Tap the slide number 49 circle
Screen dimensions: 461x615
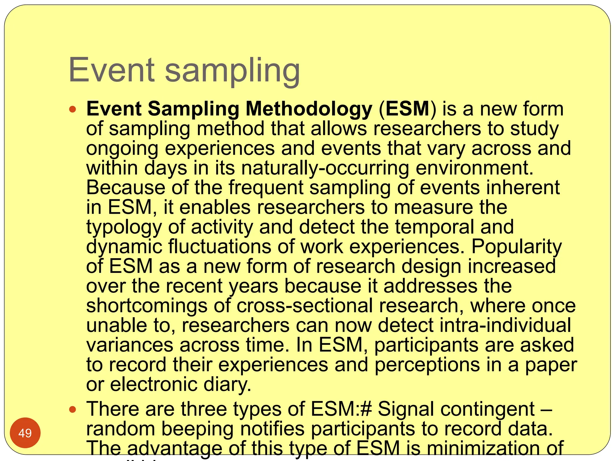[25, 433]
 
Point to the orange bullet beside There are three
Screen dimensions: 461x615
[72, 409]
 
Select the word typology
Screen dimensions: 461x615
[124, 227]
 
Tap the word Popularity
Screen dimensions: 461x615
[516, 247]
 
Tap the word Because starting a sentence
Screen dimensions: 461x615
[126, 188]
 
